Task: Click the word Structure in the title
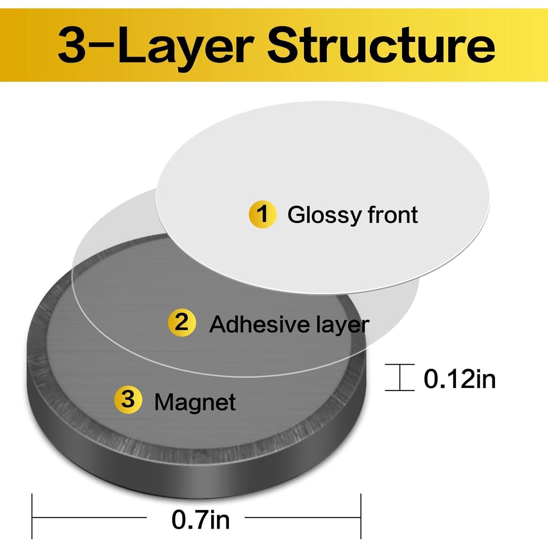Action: click(x=381, y=46)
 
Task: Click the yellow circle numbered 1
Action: click(x=262, y=214)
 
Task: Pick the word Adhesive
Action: click(x=258, y=324)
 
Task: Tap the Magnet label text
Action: click(x=195, y=402)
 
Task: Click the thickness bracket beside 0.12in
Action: click(x=400, y=377)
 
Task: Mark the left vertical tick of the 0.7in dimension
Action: click(x=32, y=516)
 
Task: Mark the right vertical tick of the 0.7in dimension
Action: click(x=361, y=516)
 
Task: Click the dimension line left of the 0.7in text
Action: click(x=90, y=517)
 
